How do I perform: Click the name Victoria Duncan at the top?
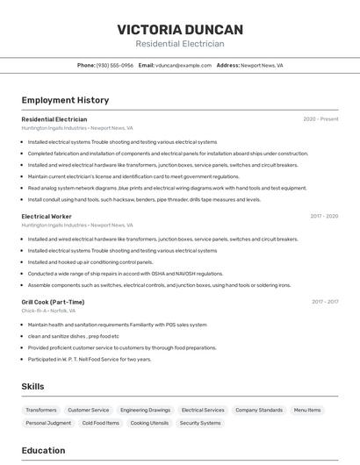pyautogui.click(x=180, y=29)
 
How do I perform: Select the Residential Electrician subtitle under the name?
pyautogui.click(x=180, y=44)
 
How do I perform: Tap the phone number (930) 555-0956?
pyautogui.click(x=114, y=65)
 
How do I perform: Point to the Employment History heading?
pyautogui.click(x=65, y=100)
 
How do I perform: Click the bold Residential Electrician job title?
pyautogui.click(x=54, y=119)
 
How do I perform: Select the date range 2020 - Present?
pyautogui.click(x=320, y=119)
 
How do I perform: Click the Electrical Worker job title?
pyautogui.click(x=47, y=216)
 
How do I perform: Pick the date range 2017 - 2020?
pyautogui.click(x=324, y=216)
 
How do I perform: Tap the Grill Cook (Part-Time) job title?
pyautogui.click(x=53, y=302)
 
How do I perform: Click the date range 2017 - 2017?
pyautogui.click(x=325, y=302)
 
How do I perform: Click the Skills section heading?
pyautogui.click(x=32, y=386)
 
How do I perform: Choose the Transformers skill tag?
pyautogui.click(x=41, y=410)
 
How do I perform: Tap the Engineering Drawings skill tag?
pyautogui.click(x=146, y=410)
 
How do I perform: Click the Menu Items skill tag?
pyautogui.click(x=307, y=410)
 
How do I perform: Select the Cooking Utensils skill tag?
pyautogui.click(x=149, y=423)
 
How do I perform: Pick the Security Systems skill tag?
pyautogui.click(x=200, y=423)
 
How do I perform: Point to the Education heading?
pyautogui.click(x=43, y=451)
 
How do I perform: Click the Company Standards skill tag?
pyautogui.click(x=259, y=410)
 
